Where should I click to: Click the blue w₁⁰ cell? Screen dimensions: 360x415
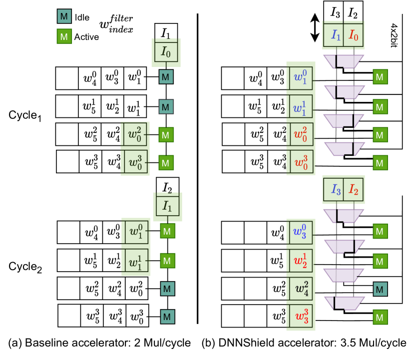click(x=301, y=78)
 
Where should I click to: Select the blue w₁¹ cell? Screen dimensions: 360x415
click(x=301, y=107)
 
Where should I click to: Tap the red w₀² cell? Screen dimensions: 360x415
click(x=301, y=135)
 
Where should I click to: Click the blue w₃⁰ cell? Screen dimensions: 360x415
click(x=301, y=233)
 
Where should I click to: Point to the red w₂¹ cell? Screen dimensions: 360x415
click(x=301, y=261)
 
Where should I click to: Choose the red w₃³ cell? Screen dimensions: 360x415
click(x=301, y=317)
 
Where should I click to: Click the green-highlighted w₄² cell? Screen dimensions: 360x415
click(x=301, y=289)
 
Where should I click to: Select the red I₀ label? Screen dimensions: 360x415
click(x=354, y=35)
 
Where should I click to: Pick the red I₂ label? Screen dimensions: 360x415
click(x=354, y=190)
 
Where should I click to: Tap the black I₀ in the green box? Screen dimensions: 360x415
click(x=166, y=51)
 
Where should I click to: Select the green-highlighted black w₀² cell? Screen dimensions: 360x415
click(x=135, y=135)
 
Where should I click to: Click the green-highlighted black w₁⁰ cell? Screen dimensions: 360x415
click(x=136, y=233)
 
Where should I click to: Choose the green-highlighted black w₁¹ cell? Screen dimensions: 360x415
click(x=136, y=261)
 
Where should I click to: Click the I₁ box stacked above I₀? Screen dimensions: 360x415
click(x=166, y=33)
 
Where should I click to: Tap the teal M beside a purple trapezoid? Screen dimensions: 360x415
click(x=380, y=289)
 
